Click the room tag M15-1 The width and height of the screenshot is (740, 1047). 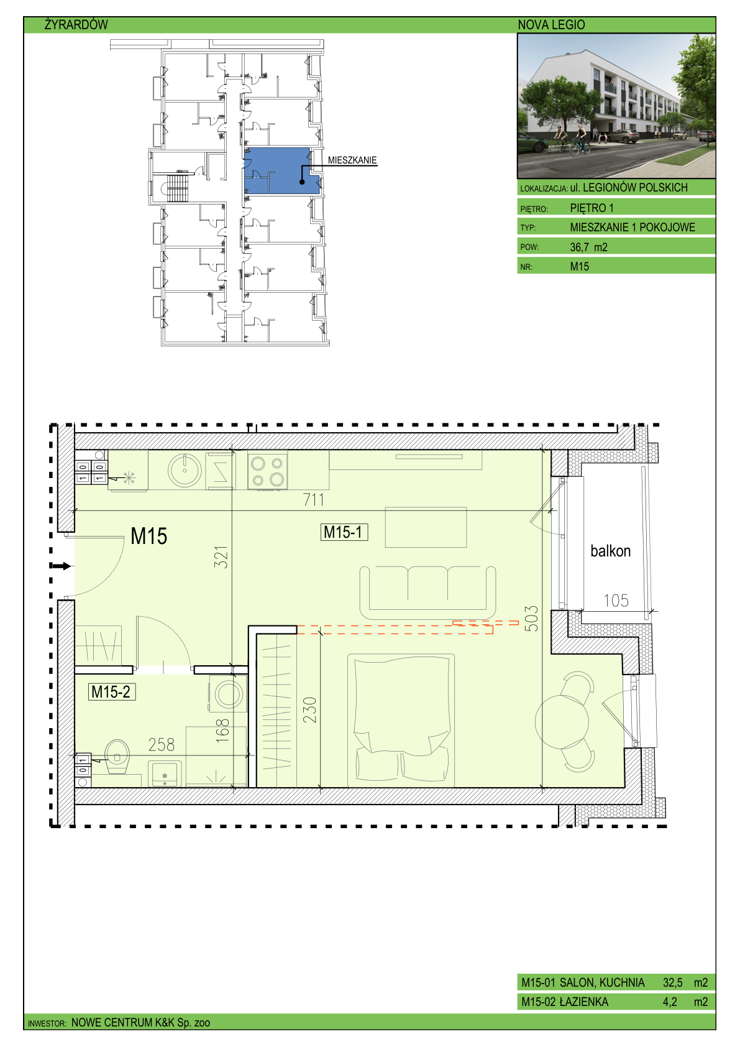344,532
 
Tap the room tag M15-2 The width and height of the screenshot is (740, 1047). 112,692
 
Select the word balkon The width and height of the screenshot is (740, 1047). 610,551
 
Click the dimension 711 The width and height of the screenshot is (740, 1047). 314,500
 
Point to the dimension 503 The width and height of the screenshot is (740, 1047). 531,619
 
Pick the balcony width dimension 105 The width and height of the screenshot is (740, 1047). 616,600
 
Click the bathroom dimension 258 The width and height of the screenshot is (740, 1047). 161,745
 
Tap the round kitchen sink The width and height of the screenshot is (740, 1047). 185,470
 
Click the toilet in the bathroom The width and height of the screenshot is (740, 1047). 117,756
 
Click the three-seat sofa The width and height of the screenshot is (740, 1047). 427,593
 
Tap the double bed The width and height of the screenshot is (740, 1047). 401,721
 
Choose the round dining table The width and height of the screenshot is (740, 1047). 562,722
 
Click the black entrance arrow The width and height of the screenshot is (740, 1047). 60,566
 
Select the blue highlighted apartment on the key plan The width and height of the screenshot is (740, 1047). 281,171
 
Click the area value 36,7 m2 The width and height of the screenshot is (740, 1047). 588,247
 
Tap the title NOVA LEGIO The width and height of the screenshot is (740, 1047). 551,25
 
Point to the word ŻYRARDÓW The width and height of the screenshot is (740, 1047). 76,24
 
